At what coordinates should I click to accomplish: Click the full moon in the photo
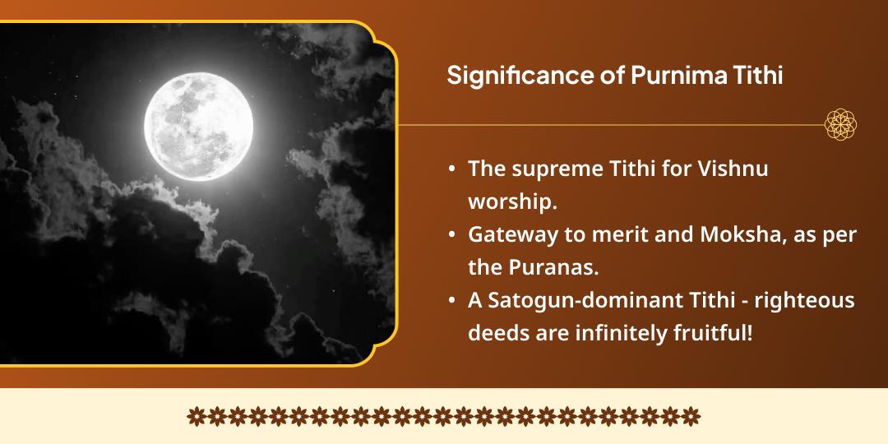point(199,126)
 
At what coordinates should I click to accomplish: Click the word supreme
point(546,168)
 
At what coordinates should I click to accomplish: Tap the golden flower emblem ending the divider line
point(841,125)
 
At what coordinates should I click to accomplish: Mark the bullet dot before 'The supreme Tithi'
point(451,169)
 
